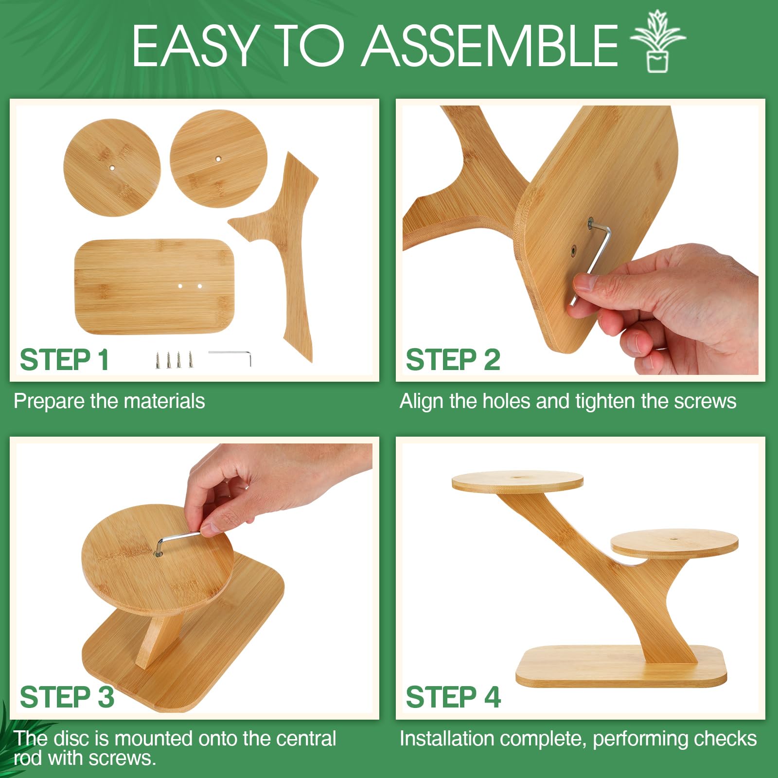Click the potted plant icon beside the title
click(x=657, y=41)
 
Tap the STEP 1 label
click(x=64, y=360)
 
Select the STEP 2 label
click(x=453, y=360)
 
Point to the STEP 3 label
click(x=67, y=697)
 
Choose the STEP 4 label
click(x=453, y=697)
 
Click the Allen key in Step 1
click(x=230, y=357)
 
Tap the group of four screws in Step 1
click(x=174, y=359)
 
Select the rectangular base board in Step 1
click(x=154, y=286)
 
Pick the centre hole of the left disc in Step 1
click(x=112, y=168)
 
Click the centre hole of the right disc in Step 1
click(x=218, y=159)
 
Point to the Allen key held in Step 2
click(x=593, y=260)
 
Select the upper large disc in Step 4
click(x=517, y=481)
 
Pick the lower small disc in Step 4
click(x=674, y=544)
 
